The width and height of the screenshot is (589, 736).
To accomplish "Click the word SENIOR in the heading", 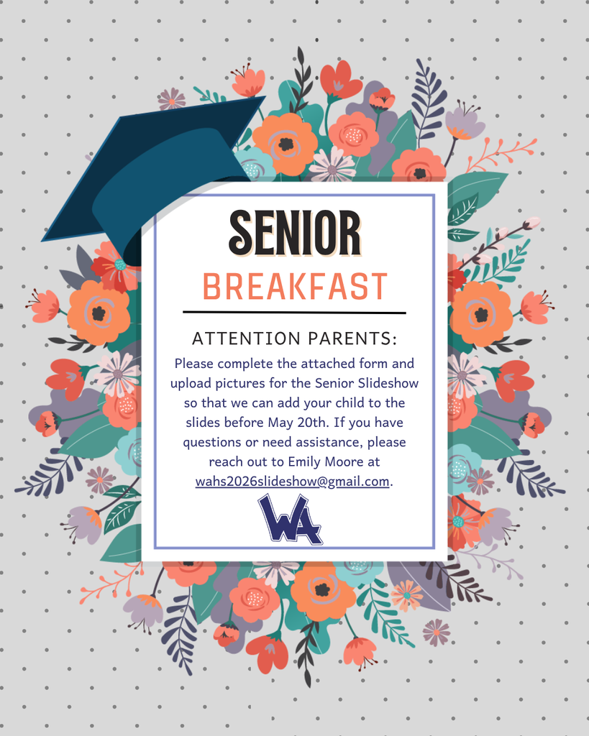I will [x=295, y=231].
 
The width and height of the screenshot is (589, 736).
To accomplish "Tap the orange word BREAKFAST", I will [x=295, y=287].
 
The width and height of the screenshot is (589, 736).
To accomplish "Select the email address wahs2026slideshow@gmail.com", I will [x=293, y=482].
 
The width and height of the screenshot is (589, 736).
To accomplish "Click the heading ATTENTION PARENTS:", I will [x=295, y=339].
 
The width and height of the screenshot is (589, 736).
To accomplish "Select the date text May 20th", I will [x=302, y=422].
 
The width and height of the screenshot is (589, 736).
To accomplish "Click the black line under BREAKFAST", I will [x=295, y=313].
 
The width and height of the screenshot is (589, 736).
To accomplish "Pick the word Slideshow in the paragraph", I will [x=388, y=382].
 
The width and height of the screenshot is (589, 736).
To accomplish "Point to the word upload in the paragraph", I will [x=190, y=383].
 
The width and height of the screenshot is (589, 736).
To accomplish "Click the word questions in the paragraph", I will [x=211, y=442].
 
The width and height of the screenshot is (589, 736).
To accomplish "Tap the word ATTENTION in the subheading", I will [x=240, y=339].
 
